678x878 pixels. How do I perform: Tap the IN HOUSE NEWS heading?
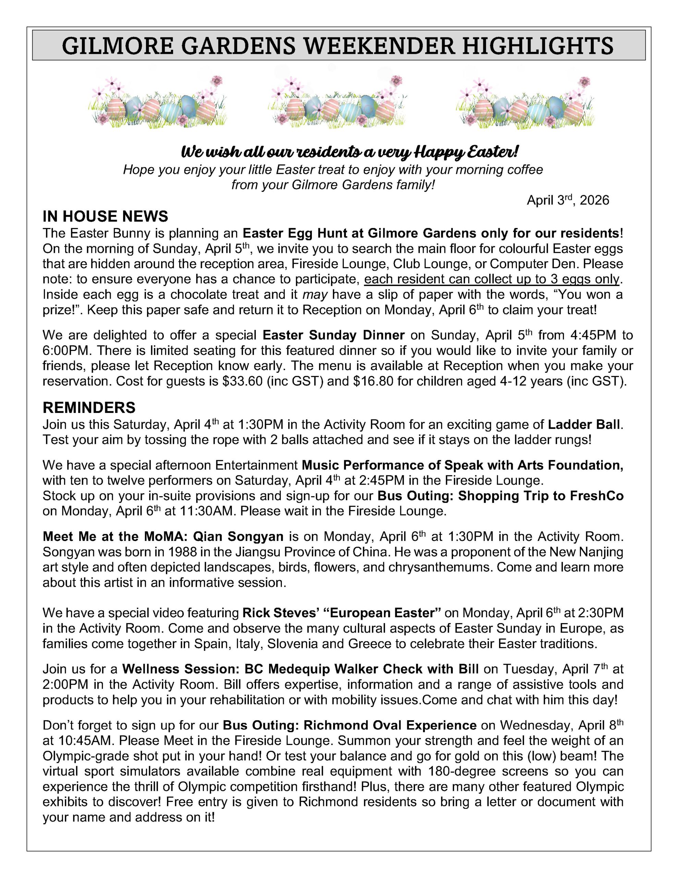105,216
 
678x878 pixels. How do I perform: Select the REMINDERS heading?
89,408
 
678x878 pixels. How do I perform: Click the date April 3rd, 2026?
568,200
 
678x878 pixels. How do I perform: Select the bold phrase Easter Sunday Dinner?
333,335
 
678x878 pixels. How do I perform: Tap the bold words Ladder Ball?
583,425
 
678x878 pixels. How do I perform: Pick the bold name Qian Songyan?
238,536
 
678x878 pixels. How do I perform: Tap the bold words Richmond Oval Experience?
390,725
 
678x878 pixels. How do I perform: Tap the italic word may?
315,294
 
